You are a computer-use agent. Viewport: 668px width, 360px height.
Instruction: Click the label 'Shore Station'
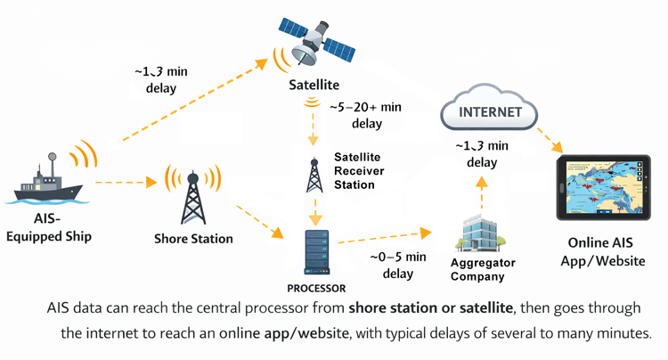pyautogui.click(x=193, y=239)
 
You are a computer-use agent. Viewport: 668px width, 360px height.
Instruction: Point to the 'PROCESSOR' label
pyautogui.click(x=316, y=288)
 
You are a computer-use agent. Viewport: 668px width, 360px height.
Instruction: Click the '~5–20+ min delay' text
pyautogui.click(x=366, y=115)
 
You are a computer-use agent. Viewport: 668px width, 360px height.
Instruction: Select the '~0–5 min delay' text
pyautogui.click(x=392, y=266)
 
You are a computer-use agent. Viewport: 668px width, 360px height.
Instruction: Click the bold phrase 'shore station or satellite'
pyautogui.click(x=433, y=308)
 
